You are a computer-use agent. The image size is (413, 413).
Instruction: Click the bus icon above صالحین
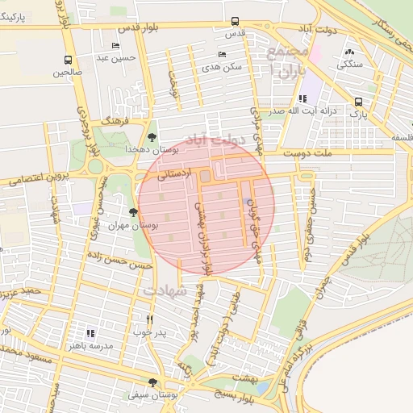coord(68,60)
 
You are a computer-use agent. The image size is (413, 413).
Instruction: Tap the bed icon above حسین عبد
coord(115,46)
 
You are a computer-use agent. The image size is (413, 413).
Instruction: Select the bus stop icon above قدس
coord(235,22)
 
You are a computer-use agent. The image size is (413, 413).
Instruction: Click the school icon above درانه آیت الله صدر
coord(302,98)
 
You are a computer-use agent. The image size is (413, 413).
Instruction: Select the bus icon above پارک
coord(358,102)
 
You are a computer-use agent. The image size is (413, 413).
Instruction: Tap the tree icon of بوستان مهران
coord(134,213)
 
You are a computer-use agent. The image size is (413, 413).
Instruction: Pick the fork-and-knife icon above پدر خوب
coord(148,319)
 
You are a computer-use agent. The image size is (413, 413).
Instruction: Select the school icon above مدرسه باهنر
coord(90,332)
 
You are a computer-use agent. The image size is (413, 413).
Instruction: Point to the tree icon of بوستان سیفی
coord(152,382)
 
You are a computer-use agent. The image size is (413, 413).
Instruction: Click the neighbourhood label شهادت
coord(165,288)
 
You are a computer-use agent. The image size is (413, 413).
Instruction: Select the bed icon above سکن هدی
coord(222,54)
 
